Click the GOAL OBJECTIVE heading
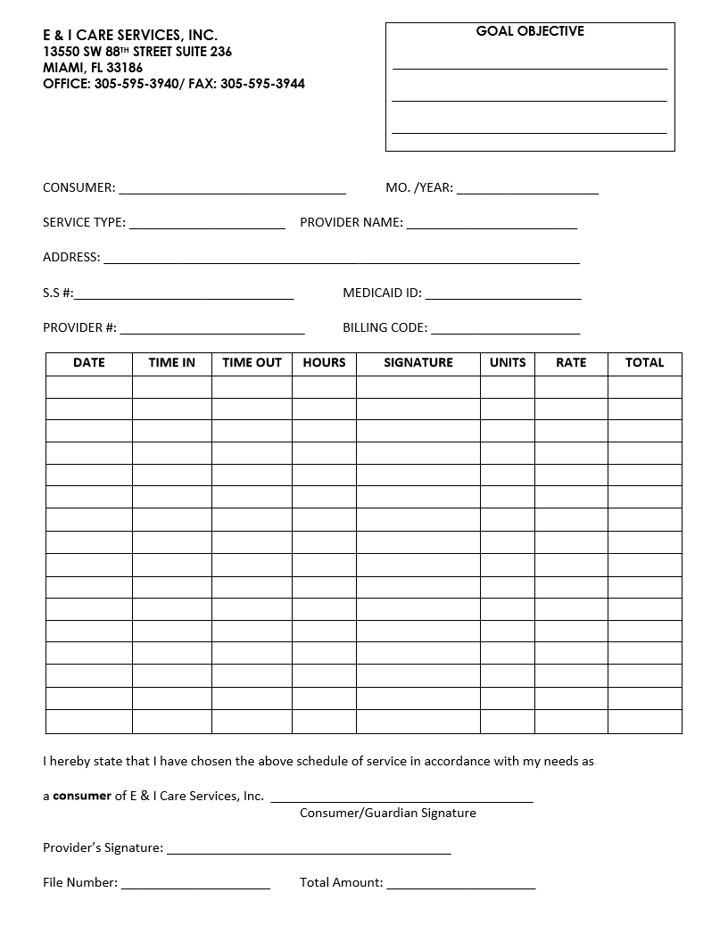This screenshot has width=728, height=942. (530, 31)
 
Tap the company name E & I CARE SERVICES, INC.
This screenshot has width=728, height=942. (130, 35)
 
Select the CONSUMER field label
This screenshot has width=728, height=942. (79, 188)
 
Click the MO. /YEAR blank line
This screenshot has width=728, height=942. (527, 190)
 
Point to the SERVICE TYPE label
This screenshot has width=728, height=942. (84, 223)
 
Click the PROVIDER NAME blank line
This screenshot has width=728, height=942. (492, 225)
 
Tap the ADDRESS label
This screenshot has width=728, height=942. (71, 258)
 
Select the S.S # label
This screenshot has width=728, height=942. (58, 293)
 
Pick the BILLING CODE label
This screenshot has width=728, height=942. (385, 327)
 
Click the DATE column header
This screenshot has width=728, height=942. (89, 363)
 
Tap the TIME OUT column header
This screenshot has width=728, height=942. (252, 363)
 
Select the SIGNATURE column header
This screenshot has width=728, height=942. (418, 363)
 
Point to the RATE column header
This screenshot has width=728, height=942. (571, 363)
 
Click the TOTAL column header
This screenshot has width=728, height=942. (645, 363)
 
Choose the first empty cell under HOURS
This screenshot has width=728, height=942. (324, 386)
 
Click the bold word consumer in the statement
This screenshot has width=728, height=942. (82, 796)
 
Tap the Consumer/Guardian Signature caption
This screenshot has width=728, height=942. (388, 813)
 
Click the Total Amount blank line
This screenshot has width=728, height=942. (461, 886)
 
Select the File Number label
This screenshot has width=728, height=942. (80, 882)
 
